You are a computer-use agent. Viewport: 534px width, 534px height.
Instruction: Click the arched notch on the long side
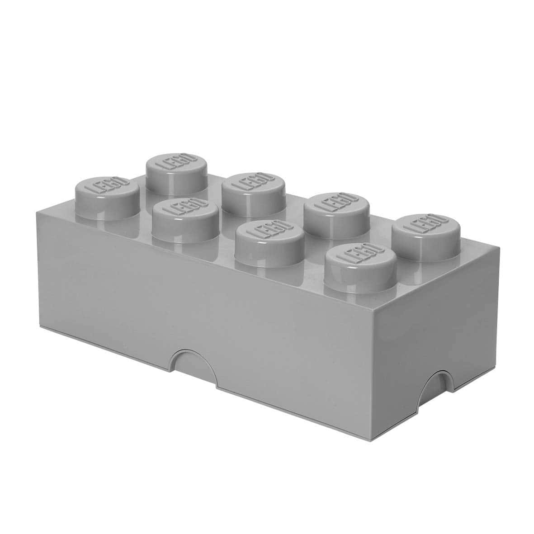point(194,361)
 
